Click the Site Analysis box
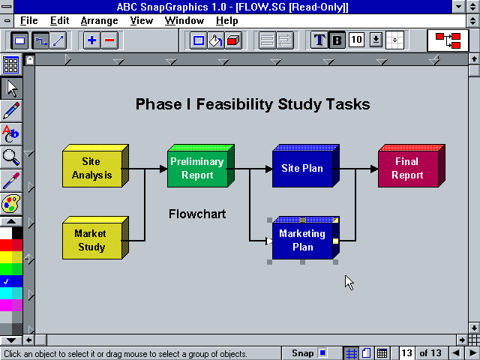tap(95, 166)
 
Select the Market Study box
tap(95, 238)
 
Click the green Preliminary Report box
tap(201, 166)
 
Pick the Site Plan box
tap(306, 166)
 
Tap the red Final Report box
tap(412, 166)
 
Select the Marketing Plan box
tap(306, 238)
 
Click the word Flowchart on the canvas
tap(197, 214)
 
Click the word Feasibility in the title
tap(234, 104)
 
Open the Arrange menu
tap(100, 21)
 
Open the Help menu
tap(226, 21)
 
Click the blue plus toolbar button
tap(91, 40)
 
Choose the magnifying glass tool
tap(11, 157)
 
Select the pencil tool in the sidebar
tap(11, 111)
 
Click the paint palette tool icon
tap(11, 204)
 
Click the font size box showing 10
tap(356, 40)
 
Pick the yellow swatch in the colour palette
tap(6, 257)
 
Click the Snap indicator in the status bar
tap(309, 353)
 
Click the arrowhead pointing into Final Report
tap(373, 169)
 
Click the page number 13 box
tap(406, 353)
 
